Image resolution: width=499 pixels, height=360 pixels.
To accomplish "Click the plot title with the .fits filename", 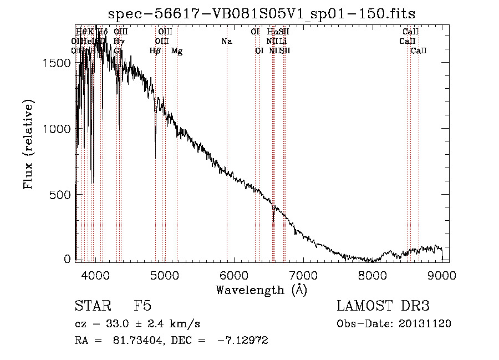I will [x=262, y=13].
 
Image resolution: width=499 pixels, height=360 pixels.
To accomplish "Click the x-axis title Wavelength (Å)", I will [x=262, y=290].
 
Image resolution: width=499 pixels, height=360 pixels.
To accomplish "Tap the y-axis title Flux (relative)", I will [x=28, y=144].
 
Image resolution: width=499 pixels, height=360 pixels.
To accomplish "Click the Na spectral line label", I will [x=226, y=41].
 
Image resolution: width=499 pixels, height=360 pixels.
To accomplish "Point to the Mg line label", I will [x=177, y=51].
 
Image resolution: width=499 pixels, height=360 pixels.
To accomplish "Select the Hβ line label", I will [x=155, y=51].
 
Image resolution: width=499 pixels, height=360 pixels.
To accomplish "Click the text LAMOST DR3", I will [x=383, y=306].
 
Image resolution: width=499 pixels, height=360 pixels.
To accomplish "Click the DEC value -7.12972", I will [x=243, y=341].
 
